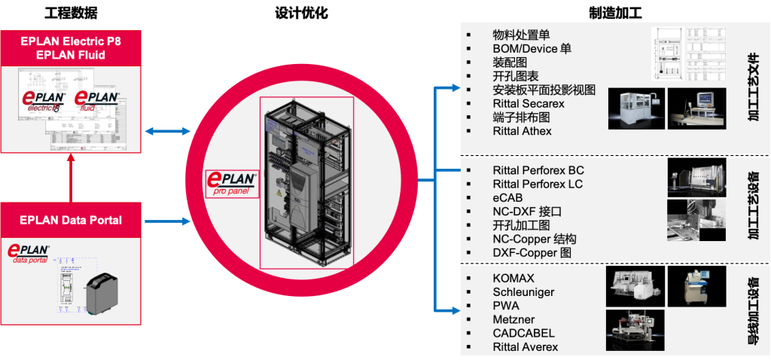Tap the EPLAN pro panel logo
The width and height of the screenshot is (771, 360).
point(233,184)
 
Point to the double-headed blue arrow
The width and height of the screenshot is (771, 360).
point(166,131)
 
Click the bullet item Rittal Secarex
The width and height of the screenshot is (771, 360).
point(528,103)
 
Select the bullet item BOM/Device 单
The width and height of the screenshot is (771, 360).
point(532,48)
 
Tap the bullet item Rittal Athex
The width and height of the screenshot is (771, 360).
point(522,131)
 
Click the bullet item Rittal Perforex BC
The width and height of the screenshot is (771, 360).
point(538,170)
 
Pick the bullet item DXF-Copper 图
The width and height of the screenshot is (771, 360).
point(532,252)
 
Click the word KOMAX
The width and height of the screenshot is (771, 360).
point(513,279)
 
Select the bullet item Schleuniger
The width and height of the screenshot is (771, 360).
point(525,292)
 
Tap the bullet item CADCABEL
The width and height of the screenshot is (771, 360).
point(523,333)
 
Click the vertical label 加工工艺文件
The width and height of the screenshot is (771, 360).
point(753,87)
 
